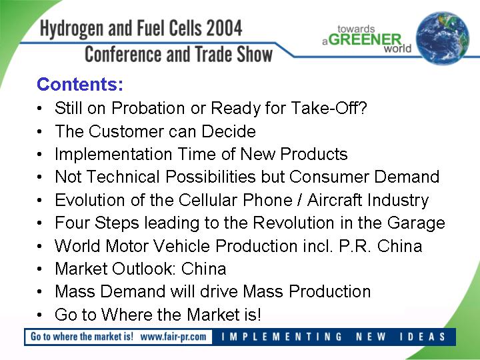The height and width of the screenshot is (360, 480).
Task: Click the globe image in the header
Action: pyautogui.click(x=443, y=38)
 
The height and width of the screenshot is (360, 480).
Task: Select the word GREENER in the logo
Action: pyautogui.click(x=365, y=40)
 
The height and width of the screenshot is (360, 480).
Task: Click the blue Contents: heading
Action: pyautogui.click(x=79, y=84)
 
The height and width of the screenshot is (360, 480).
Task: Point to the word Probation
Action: pyautogui.click(x=148, y=108)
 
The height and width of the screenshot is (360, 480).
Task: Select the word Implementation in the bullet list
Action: pyautogui.click(x=113, y=154)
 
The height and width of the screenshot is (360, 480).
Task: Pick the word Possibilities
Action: pyautogui.click(x=211, y=177)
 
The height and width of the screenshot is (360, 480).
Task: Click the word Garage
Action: pyautogui.click(x=416, y=223)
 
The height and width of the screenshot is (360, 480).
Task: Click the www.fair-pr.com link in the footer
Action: pyautogui.click(x=173, y=337)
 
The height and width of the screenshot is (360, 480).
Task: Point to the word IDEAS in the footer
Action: pyautogui.click(x=423, y=337)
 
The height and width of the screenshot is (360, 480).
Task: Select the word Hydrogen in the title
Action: pyautogui.click(x=71, y=29)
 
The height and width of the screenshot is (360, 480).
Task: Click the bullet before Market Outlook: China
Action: pyautogui.click(x=39, y=269)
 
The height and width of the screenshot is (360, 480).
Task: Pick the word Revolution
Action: pyautogui.click(x=293, y=223)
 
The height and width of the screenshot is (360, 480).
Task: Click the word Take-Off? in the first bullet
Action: pyautogui.click(x=329, y=108)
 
